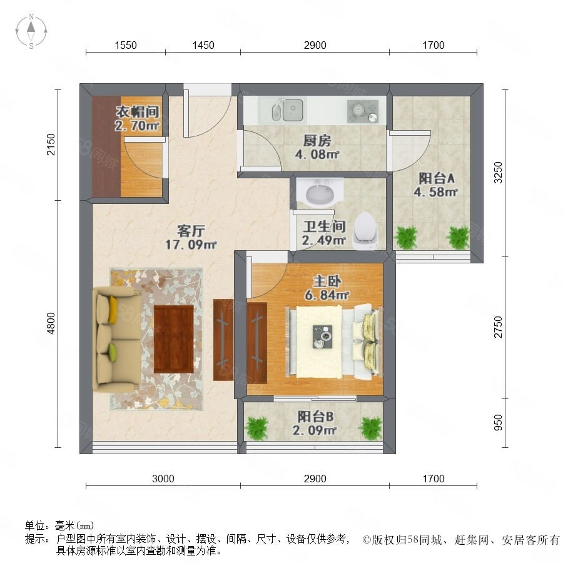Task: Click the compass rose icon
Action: click(x=31, y=31)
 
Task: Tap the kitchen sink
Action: click(x=287, y=109)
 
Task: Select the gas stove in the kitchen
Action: click(x=363, y=110)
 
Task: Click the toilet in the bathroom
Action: click(x=365, y=230)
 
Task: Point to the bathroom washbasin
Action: click(x=320, y=193)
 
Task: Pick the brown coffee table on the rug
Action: click(x=174, y=338)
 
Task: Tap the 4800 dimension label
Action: click(x=51, y=323)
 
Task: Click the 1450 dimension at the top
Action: click(x=203, y=45)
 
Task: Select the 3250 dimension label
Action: click(x=498, y=173)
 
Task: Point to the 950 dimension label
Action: click(x=498, y=423)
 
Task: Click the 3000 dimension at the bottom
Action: click(x=163, y=479)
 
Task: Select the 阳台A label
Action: click(x=437, y=178)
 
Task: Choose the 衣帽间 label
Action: click(x=137, y=112)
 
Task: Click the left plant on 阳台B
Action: click(x=256, y=428)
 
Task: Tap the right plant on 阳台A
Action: click(x=458, y=237)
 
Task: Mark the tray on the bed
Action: click(x=322, y=337)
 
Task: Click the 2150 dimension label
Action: click(x=51, y=145)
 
